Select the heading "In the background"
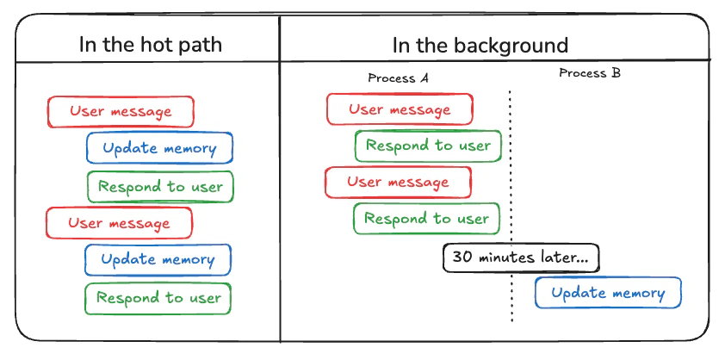pyautogui.click(x=480, y=45)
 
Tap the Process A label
pyautogui.click(x=398, y=78)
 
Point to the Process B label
pyautogui.click(x=590, y=73)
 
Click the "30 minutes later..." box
pyautogui.click(x=521, y=258)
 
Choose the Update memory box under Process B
pyautogui.click(x=608, y=293)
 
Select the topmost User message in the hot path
pyautogui.click(x=121, y=112)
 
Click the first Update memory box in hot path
pyautogui.click(x=159, y=148)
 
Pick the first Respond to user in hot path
pyautogui.click(x=160, y=187)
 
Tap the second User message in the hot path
pyautogui.click(x=119, y=223)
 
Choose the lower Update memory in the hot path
pyautogui.click(x=158, y=259)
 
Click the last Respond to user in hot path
pyautogui.click(x=158, y=298)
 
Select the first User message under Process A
pyautogui.click(x=400, y=109)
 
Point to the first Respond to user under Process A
pyautogui.click(x=428, y=146)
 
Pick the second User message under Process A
pyautogui.click(x=398, y=183)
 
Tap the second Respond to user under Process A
pyautogui.click(x=426, y=219)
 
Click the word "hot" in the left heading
pyautogui.click(x=150, y=45)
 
